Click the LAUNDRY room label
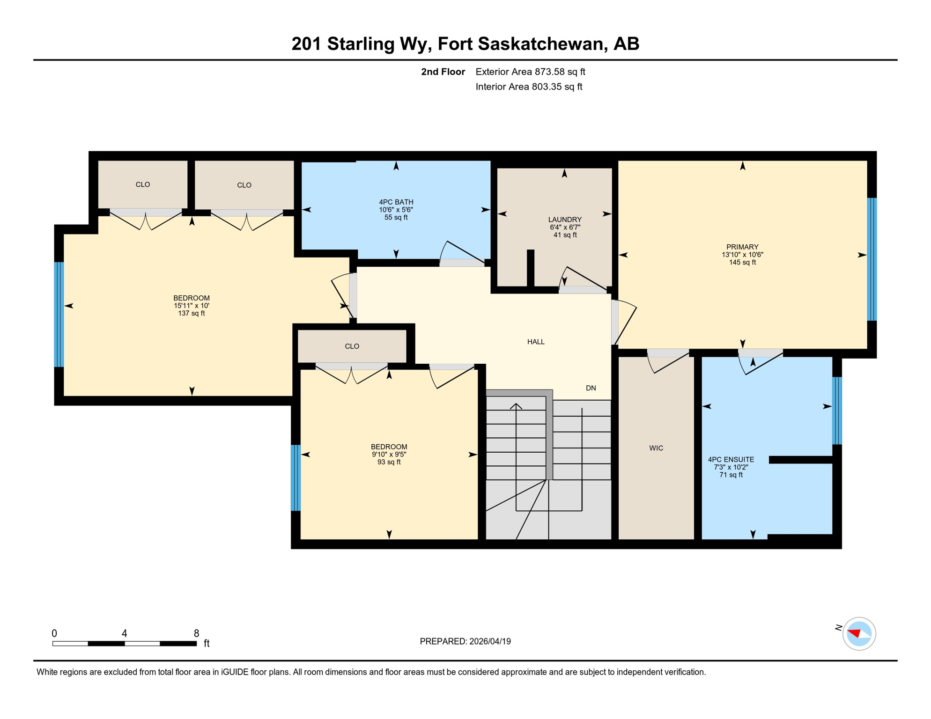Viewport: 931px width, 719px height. (x=565, y=220)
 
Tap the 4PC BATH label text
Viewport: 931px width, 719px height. (x=396, y=202)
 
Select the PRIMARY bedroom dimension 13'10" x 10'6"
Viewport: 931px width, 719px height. (x=742, y=255)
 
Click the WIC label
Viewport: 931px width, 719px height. (x=656, y=448)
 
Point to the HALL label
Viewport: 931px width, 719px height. (x=536, y=342)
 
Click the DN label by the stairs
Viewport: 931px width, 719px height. (x=591, y=388)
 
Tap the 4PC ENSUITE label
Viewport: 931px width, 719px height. (x=731, y=460)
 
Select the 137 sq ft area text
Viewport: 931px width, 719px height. (x=191, y=313)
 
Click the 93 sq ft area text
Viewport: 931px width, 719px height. (x=389, y=462)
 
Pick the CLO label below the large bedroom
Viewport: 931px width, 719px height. (x=352, y=346)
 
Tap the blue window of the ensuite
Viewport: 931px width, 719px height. (x=837, y=411)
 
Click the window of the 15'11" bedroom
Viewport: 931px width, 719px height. (x=59, y=314)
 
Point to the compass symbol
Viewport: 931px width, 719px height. (x=859, y=634)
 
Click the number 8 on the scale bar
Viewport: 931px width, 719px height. (x=196, y=633)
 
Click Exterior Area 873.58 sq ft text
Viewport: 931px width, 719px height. (x=530, y=72)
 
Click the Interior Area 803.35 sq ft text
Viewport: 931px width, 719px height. (x=529, y=87)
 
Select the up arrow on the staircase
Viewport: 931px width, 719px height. (x=516, y=406)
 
